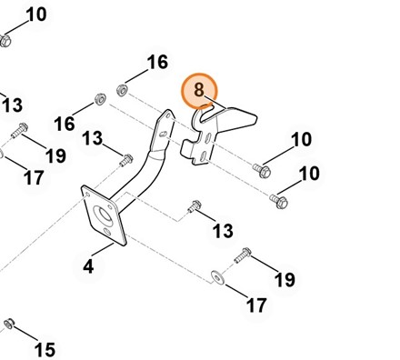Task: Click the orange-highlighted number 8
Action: click(199, 90)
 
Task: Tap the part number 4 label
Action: click(88, 266)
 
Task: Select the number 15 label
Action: click(45, 349)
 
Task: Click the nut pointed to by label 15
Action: click(9, 324)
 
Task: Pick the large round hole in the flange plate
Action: click(104, 215)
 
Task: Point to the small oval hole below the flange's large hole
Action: click(107, 233)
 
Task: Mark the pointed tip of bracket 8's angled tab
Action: click(256, 119)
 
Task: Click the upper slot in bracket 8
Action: click(208, 139)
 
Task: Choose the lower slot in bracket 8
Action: click(203, 156)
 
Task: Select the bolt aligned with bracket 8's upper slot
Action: click(262, 171)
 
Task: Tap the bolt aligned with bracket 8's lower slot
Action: click(279, 201)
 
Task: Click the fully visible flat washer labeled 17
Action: click(218, 277)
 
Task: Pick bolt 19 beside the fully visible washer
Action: click(243, 255)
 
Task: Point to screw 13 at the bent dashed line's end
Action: click(195, 206)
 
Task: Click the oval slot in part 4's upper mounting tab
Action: click(164, 134)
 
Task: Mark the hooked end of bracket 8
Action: click(200, 115)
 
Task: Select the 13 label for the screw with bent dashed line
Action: click(223, 231)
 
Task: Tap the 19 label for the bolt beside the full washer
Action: click(285, 279)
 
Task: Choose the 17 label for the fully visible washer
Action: click(256, 305)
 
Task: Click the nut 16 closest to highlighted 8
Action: click(122, 90)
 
